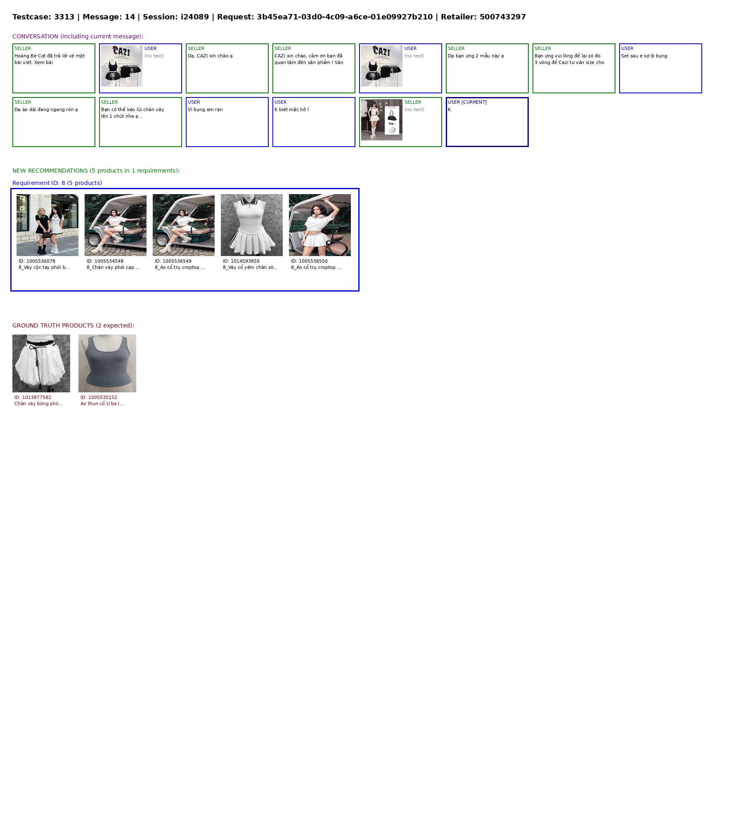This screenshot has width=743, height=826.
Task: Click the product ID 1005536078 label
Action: coord(37,261)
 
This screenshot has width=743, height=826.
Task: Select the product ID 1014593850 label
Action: coord(241,261)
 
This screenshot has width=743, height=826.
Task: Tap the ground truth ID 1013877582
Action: coord(33,397)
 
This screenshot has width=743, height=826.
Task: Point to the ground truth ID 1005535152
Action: coord(99,397)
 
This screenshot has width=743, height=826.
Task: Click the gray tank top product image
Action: coord(107,363)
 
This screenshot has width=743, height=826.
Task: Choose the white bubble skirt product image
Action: coord(41,363)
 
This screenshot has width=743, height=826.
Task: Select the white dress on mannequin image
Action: coord(252,225)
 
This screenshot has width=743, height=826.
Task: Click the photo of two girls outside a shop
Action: coord(47,225)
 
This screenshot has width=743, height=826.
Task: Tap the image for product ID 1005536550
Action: coord(320,225)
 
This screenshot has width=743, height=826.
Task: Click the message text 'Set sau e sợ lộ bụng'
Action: coord(644,56)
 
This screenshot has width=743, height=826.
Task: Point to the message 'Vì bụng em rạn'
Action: coord(205,109)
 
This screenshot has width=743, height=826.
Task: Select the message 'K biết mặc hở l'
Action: coord(291,109)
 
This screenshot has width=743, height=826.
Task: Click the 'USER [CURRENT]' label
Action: coord(467,102)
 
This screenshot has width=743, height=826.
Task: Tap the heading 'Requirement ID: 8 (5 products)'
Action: coord(57,183)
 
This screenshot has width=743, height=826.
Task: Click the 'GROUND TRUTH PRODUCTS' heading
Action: coord(73,325)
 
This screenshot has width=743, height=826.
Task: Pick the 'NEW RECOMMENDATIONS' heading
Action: coord(96,171)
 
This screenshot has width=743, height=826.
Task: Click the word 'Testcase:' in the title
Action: coord(32,17)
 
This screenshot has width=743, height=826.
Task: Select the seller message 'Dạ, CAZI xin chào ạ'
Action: coord(210,56)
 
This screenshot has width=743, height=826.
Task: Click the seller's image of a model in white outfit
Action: coord(382,120)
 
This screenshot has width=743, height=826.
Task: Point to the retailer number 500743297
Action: coord(503,17)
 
